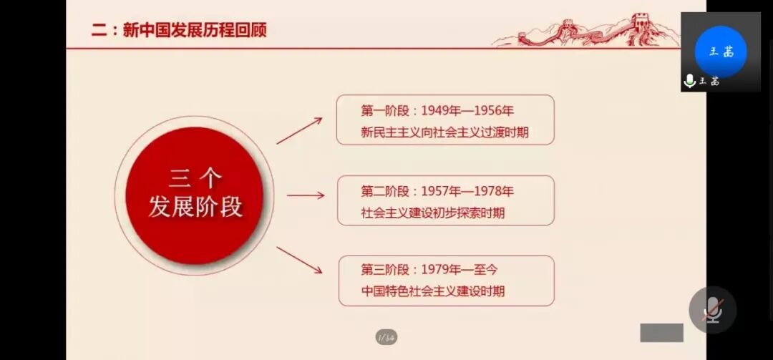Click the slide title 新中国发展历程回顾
tap(195, 31)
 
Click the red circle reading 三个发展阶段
tap(195, 194)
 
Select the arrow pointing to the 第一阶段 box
tap(299, 130)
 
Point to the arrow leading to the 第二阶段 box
tap(306, 195)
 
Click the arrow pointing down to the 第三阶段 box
tap(299, 260)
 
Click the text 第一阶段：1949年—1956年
tap(437, 111)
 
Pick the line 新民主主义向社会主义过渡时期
tap(444, 132)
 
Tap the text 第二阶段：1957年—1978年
tap(437, 191)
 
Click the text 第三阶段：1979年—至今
tap(429, 270)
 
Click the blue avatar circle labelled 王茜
tap(720, 52)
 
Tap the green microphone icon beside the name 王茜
tap(690, 82)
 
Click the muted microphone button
tap(713, 310)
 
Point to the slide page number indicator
tap(386, 336)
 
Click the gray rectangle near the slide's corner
tap(661, 333)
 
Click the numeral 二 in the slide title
tap(99, 31)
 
